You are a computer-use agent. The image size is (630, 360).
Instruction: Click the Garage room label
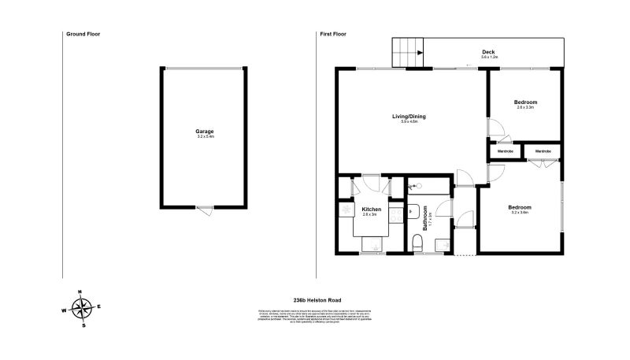[x=205, y=131]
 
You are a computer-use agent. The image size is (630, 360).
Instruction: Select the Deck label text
[x=488, y=53]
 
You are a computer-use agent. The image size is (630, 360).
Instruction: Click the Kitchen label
[x=371, y=209]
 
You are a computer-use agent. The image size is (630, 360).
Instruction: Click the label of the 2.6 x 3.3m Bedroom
[x=525, y=102]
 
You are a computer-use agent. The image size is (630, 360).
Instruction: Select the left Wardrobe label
[x=505, y=150]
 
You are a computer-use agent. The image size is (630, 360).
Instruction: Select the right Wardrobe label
[x=543, y=150]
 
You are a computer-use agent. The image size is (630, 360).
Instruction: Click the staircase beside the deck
[x=409, y=53]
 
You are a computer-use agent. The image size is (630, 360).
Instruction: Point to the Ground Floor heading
[x=83, y=34]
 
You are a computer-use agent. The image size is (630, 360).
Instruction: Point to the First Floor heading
[x=334, y=34]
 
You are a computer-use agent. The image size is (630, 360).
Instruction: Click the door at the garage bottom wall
[x=204, y=210]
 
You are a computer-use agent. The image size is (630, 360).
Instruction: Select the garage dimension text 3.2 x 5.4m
[x=205, y=137]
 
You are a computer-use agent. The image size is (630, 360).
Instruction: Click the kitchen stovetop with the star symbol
[x=345, y=212]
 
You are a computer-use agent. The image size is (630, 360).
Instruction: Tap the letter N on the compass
[x=80, y=291]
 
